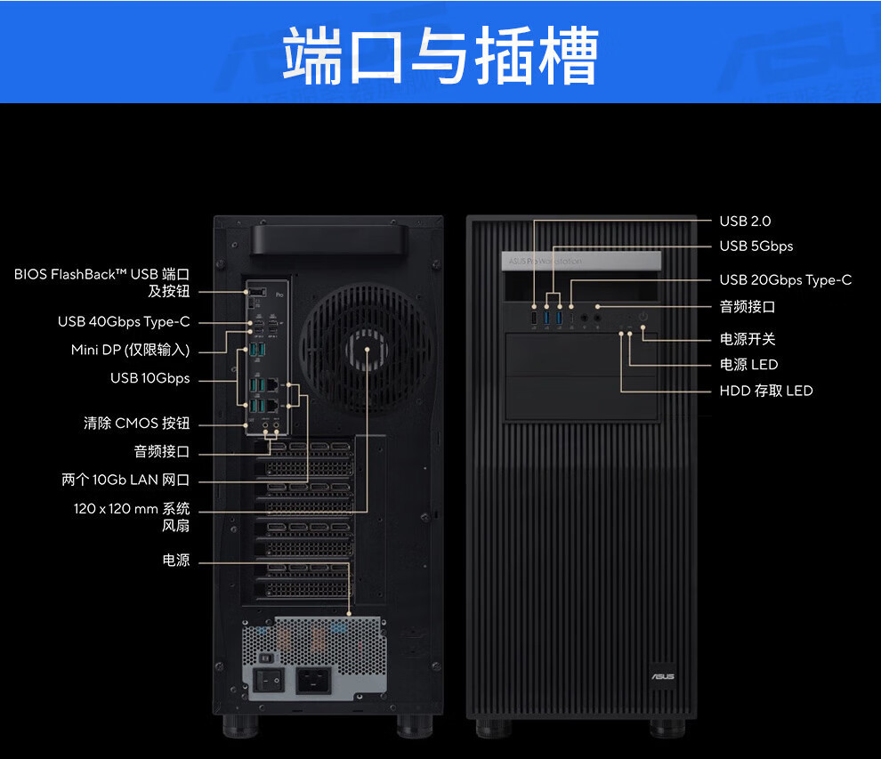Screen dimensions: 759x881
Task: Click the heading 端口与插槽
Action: tap(440, 55)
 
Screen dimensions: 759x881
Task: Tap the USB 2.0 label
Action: tap(745, 221)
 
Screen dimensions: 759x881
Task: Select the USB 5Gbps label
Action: tap(756, 246)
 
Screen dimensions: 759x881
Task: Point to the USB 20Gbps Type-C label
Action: tap(785, 279)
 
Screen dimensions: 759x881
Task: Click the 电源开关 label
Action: tap(748, 339)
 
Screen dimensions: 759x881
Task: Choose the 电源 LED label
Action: tap(748, 364)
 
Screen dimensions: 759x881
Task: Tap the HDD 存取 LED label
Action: tap(765, 391)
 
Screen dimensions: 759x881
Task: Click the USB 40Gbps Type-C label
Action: tap(124, 322)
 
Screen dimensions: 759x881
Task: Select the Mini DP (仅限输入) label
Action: tap(130, 350)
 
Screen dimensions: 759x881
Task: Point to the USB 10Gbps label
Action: tap(150, 378)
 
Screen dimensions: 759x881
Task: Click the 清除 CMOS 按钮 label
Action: tap(136, 424)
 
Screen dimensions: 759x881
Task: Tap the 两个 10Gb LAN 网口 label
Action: tap(125, 480)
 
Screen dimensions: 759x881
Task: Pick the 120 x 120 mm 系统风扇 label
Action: tap(132, 517)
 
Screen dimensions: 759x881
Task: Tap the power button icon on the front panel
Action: tap(642, 317)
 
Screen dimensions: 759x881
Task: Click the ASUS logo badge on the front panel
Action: tap(662, 676)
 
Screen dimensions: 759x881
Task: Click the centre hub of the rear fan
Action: tap(367, 348)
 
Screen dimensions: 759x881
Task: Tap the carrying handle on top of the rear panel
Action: tap(326, 238)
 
